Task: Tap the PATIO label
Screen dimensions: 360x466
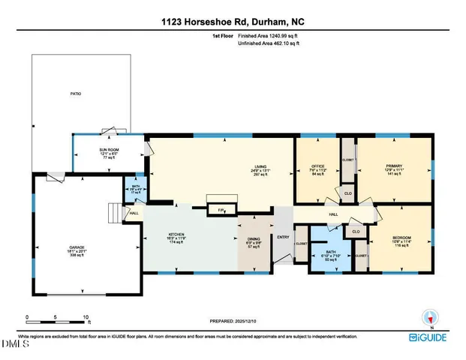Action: pos(76,94)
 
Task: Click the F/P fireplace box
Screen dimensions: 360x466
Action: pos(221,210)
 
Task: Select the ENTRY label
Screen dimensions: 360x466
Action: pos(283,238)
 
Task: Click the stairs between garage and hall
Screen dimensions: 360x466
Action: pos(116,214)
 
